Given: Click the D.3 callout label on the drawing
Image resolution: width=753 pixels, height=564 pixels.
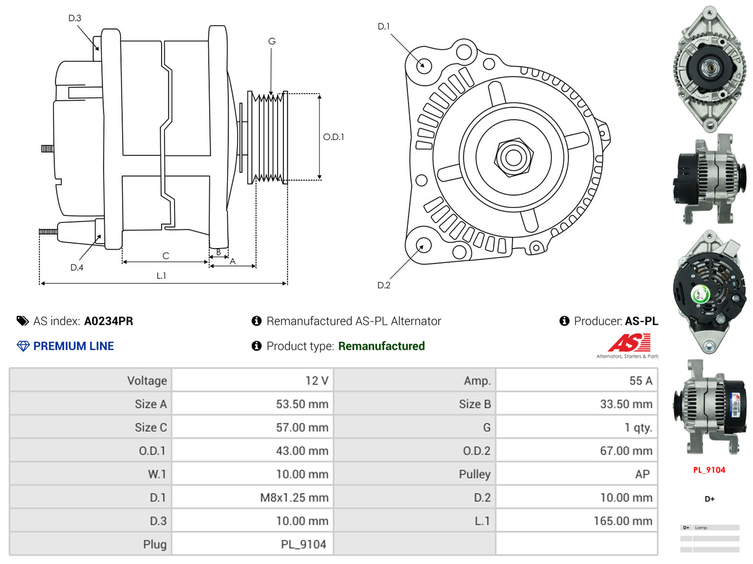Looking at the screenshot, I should coord(74,18).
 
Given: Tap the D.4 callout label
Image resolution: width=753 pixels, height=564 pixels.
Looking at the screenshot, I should coord(77,267).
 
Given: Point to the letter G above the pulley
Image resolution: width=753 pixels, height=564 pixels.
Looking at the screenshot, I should coord(272,41).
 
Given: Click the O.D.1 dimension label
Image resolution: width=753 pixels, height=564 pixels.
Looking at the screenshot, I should coord(333,137).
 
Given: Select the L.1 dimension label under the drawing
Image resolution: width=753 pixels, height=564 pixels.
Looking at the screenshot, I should coord(161,276).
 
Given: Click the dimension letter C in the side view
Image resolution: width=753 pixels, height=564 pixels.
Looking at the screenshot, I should coord(165,255).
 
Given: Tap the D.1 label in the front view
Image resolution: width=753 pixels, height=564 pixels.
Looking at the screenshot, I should coord(384,26).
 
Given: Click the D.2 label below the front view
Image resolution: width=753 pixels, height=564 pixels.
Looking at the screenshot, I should coord(384,285).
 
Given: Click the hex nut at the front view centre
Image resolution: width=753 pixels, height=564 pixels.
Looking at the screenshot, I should coord(512,157).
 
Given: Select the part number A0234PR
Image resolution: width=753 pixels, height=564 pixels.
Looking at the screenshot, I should coord(109,321).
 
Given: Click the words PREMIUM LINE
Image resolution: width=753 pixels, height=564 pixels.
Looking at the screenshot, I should coord(73,346).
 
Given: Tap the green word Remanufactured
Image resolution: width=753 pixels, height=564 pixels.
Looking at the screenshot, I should coord(381,346).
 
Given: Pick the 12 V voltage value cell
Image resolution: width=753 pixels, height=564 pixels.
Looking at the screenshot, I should coord(317,381).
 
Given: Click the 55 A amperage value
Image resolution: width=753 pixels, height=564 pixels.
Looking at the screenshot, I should coord(640,381).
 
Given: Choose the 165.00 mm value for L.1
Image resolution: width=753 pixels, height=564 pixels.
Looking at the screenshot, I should coord(623,521).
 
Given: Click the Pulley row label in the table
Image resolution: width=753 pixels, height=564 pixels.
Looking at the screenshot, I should coord(475,474).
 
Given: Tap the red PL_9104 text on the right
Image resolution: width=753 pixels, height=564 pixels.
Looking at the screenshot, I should coord(709,470).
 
